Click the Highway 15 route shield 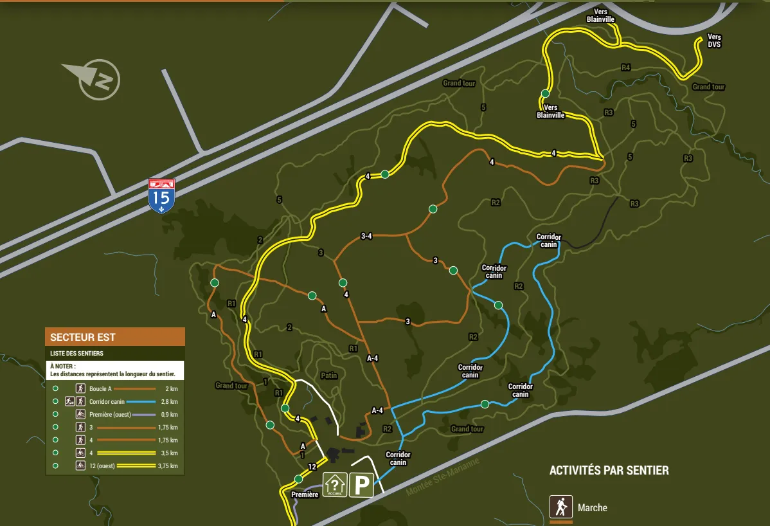tap(161, 196)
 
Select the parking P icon tap(361, 484)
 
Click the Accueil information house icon tap(335, 484)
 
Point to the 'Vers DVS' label tap(714, 41)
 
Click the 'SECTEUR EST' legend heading tap(83, 337)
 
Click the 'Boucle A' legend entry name tap(100, 388)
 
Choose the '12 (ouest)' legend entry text tap(102, 466)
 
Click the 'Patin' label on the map tap(328, 376)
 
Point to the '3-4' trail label tap(366, 237)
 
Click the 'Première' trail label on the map tap(305, 494)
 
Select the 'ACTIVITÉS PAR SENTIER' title tap(609, 471)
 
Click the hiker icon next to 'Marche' tap(561, 507)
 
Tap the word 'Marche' tap(592, 508)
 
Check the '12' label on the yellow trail tap(312, 467)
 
